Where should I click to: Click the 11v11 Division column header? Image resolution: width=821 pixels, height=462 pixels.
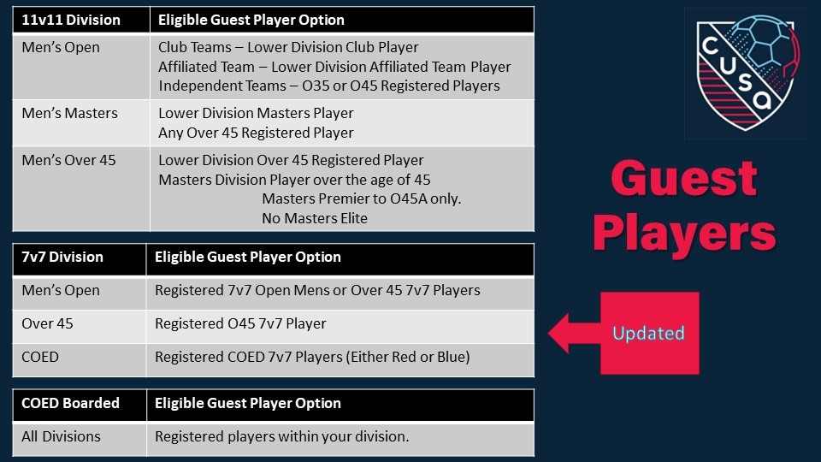(x=71, y=20)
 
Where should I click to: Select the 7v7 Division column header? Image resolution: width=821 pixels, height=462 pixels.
(x=62, y=258)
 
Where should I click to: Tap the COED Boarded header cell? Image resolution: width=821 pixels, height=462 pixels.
(x=70, y=403)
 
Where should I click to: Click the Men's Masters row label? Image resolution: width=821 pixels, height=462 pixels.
(x=69, y=113)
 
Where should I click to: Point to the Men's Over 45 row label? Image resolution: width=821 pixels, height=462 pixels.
(x=68, y=160)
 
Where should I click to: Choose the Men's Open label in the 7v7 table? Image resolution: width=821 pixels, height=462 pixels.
(x=61, y=290)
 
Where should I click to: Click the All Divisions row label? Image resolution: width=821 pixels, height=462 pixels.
(x=61, y=436)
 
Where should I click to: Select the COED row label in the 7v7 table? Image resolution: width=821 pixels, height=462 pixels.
(x=40, y=357)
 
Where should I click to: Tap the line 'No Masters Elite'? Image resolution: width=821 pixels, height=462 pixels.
(x=315, y=218)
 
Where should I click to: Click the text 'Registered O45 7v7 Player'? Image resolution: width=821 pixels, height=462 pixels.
(x=240, y=323)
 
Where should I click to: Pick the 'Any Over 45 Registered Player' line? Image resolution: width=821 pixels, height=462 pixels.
(x=256, y=133)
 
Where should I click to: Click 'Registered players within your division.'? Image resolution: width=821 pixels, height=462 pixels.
(x=281, y=436)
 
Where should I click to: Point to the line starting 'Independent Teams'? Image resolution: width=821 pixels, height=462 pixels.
(x=329, y=86)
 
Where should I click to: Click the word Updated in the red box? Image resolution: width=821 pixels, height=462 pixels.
(x=649, y=333)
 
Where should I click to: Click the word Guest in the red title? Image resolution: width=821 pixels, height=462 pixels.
(x=684, y=178)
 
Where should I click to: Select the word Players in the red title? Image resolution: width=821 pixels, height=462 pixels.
(x=684, y=234)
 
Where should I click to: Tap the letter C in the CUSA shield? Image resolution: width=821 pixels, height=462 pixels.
(x=710, y=45)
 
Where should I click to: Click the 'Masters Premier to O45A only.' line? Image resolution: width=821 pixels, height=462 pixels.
(x=361, y=199)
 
